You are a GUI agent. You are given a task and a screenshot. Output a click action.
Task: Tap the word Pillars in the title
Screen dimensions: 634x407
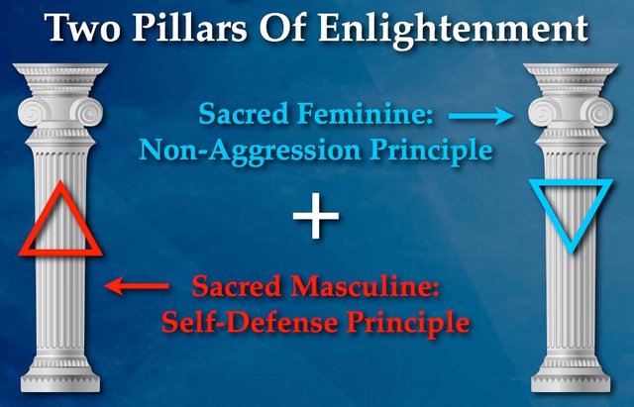click(189, 28)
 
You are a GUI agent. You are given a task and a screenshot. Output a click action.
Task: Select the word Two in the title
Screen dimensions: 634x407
click(82, 28)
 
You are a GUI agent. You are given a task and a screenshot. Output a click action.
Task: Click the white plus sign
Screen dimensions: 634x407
click(316, 216)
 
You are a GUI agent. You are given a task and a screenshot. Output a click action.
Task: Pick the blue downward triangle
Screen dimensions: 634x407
click(571, 183)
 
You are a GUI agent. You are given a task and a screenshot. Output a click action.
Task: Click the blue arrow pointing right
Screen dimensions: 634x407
click(480, 116)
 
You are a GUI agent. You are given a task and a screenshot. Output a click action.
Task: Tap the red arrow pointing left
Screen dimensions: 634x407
click(137, 286)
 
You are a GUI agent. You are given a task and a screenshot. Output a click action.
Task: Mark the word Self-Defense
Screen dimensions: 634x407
click(250, 322)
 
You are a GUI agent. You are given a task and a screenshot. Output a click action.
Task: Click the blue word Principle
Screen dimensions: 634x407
click(431, 152)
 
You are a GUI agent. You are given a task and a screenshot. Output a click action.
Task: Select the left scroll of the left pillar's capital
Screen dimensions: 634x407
click(31, 112)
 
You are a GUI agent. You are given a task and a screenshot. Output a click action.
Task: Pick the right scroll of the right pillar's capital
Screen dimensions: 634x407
click(600, 112)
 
